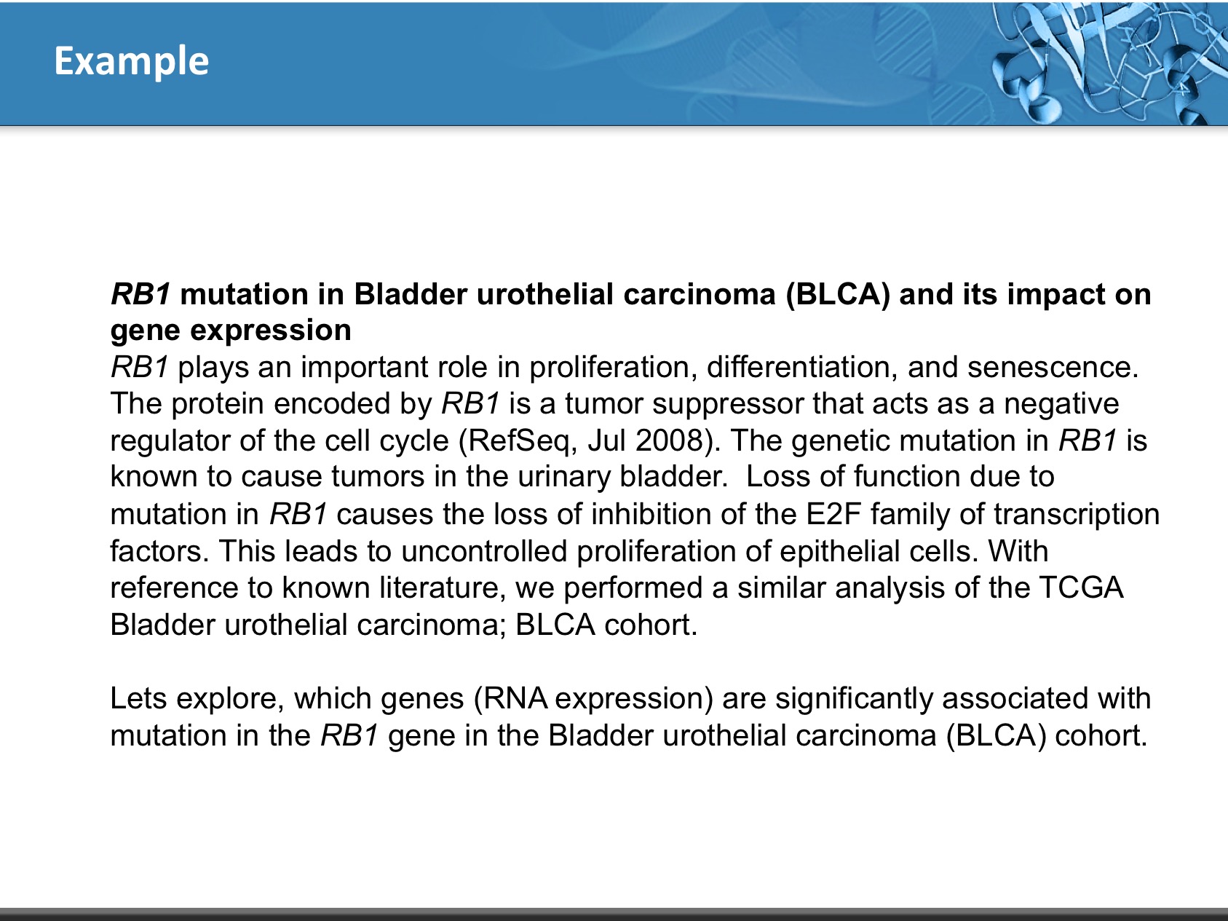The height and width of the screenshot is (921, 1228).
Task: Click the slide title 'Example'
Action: [x=132, y=61]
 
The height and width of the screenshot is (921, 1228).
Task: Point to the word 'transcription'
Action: [x=1077, y=515]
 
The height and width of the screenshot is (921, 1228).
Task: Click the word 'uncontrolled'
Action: [x=484, y=551]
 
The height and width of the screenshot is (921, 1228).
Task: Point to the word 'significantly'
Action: [x=854, y=699]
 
